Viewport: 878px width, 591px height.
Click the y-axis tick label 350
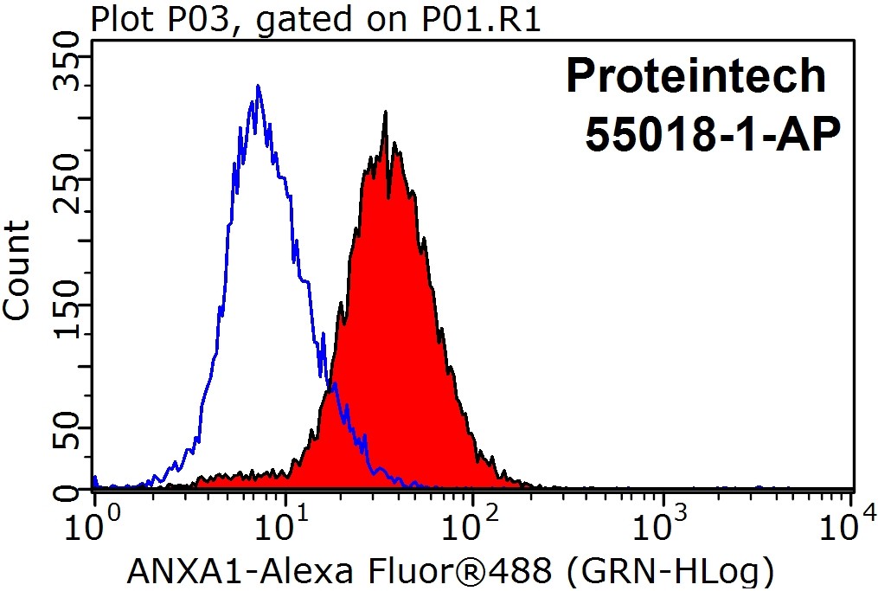(x=66, y=71)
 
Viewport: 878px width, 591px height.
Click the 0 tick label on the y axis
(x=66, y=491)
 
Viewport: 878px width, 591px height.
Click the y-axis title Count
(x=17, y=270)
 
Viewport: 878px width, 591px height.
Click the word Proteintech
(x=695, y=78)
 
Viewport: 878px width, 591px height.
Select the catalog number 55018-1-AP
(x=713, y=135)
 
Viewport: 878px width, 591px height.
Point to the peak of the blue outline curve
(x=258, y=86)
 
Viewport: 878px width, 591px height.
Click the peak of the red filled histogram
(x=384, y=112)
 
